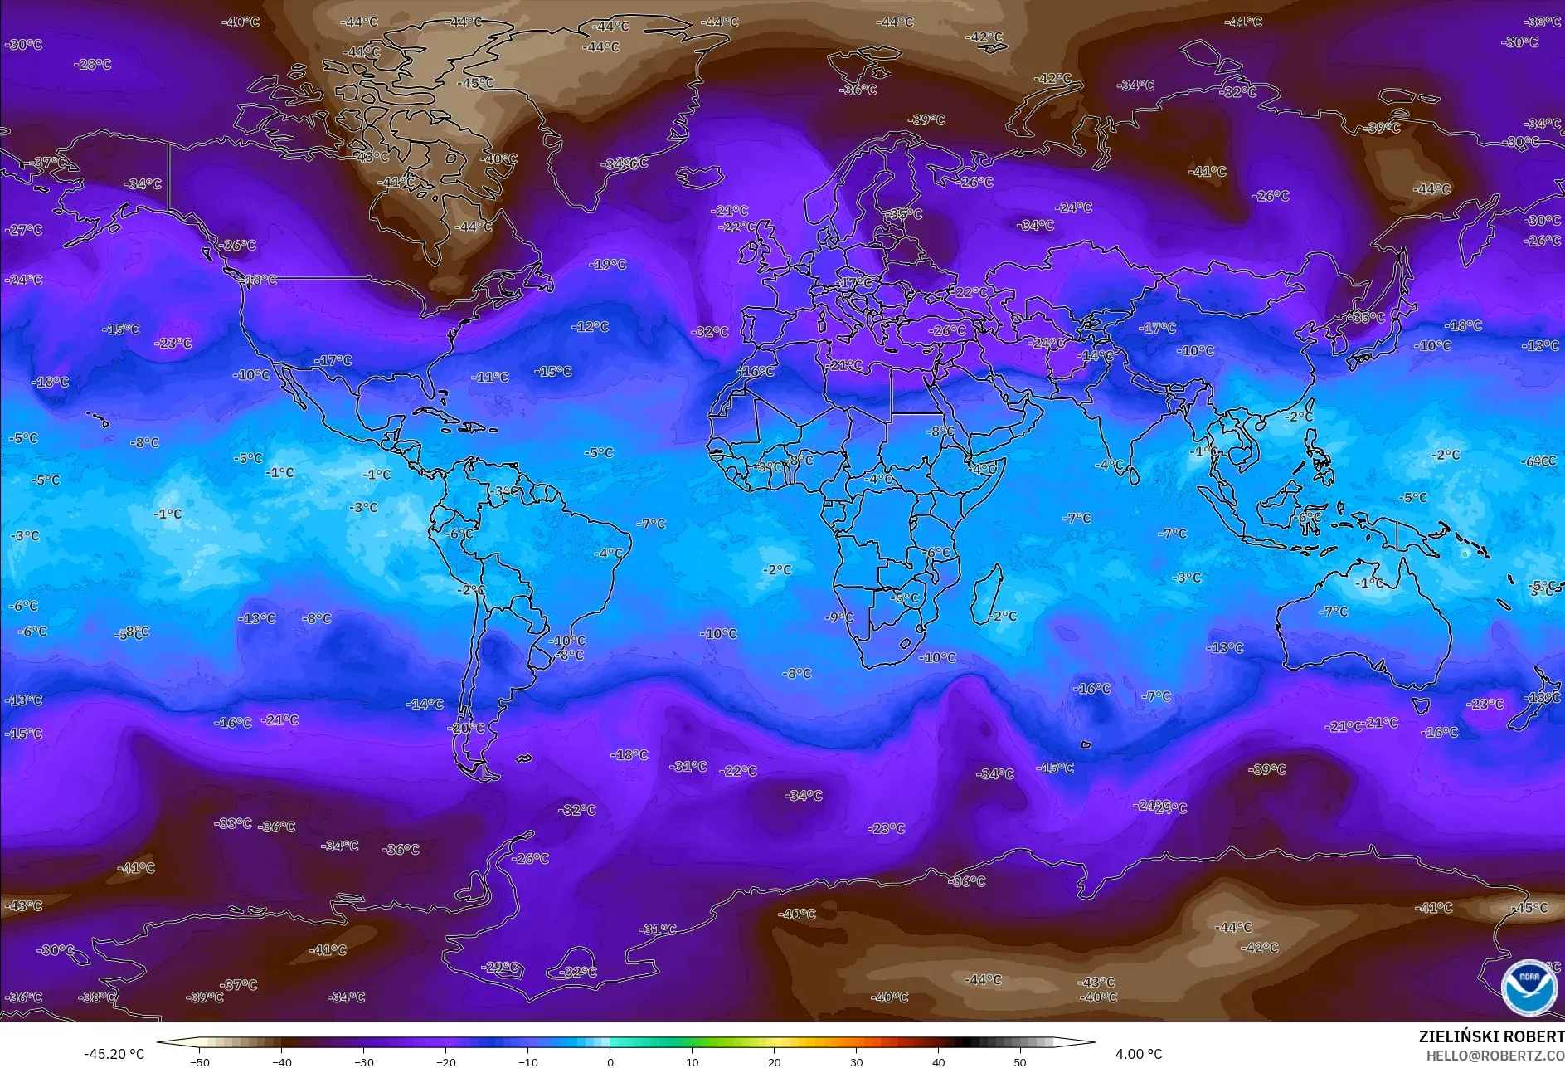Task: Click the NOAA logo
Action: (1529, 986)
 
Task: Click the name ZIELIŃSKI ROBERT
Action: (1490, 1036)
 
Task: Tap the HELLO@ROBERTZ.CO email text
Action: (1495, 1056)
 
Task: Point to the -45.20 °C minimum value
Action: (114, 1054)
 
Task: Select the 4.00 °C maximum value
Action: (1138, 1054)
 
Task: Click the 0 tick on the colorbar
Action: (610, 1061)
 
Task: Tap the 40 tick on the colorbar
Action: (938, 1061)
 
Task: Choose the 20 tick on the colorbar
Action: (774, 1061)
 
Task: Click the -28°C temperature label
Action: (92, 64)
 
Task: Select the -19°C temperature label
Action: (608, 265)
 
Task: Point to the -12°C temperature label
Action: (591, 327)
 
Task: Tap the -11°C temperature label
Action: (490, 378)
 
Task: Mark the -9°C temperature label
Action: (839, 617)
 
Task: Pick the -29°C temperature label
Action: (501, 967)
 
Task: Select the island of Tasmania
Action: (1420, 705)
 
